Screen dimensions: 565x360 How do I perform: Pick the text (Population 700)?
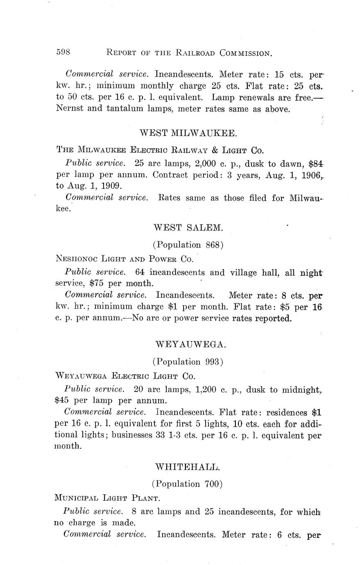click(187, 484)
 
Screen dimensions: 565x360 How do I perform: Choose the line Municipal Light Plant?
click(106, 498)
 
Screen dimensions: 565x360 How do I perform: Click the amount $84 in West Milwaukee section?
click(315, 164)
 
